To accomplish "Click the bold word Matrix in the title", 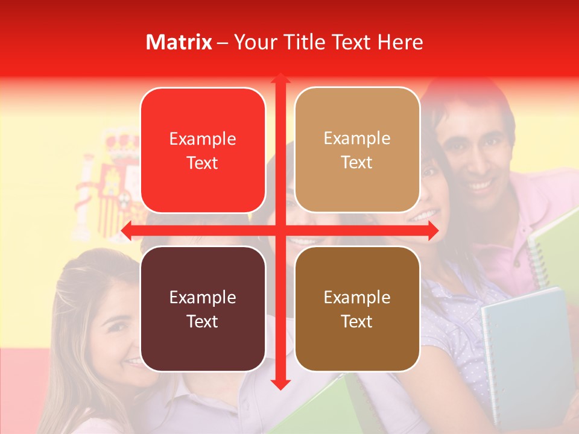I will pos(179,42).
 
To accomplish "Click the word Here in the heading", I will pos(400,42).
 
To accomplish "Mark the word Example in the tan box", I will pos(357,139).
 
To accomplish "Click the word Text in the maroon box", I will pos(202,321).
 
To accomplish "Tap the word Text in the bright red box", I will pos(202,163).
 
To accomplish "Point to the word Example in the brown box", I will pos(357,297).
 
